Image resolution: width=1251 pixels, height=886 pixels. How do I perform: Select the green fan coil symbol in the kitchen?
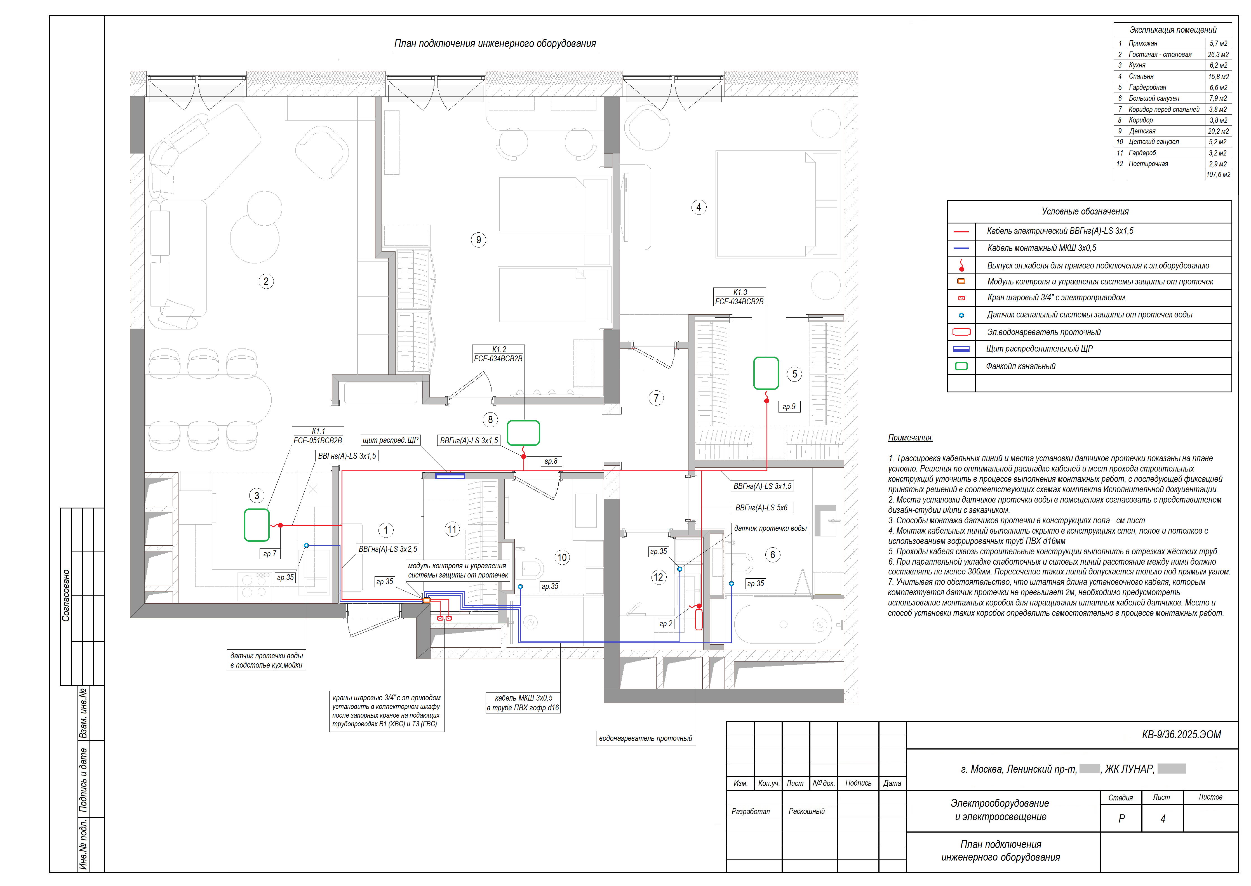pyautogui.click(x=257, y=525)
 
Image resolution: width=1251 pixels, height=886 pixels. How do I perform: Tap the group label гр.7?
pyautogui.click(x=269, y=553)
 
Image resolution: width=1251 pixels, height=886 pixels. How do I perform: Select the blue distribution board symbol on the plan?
pyautogui.click(x=450, y=476)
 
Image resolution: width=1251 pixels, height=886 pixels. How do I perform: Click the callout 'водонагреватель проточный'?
pyautogui.click(x=645, y=738)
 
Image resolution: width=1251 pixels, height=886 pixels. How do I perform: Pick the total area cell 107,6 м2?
pyautogui.click(x=1218, y=175)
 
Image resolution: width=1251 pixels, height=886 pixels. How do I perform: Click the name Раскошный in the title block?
pyautogui.click(x=806, y=811)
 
